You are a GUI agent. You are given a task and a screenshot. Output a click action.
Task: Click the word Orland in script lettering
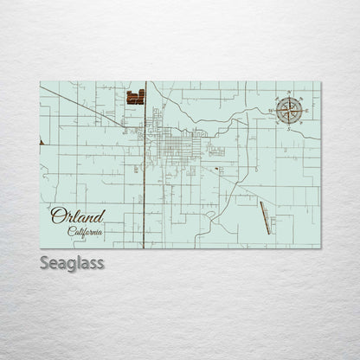77,216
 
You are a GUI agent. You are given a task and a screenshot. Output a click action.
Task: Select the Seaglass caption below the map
72,262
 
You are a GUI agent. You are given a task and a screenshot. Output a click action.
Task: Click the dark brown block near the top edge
135,98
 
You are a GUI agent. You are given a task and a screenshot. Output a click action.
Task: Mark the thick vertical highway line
144,190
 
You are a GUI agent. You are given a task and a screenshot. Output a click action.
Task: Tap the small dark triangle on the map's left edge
42,142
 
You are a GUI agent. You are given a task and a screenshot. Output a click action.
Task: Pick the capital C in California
71,231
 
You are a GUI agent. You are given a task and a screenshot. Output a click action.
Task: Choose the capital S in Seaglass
43,262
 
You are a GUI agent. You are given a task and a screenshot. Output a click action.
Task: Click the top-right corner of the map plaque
320,81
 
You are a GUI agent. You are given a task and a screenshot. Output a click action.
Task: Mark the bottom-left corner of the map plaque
40,247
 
